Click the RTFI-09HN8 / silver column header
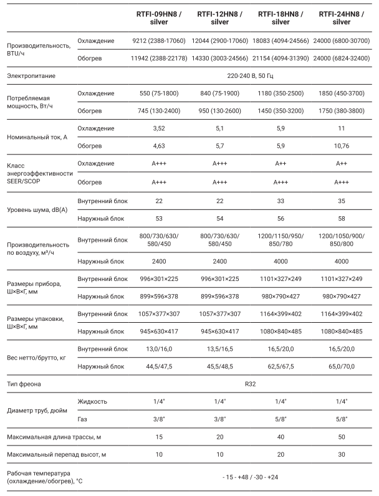tap(159, 17)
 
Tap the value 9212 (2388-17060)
tap(159, 41)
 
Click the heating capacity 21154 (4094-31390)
tap(281, 59)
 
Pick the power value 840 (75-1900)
tap(220, 93)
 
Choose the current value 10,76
tap(342, 146)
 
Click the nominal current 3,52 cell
tap(159, 128)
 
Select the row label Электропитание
tap(31, 75)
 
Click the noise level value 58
tap(342, 219)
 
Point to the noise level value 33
tap(281, 201)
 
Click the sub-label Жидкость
tap(93, 403)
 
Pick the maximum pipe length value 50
tap(342, 437)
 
